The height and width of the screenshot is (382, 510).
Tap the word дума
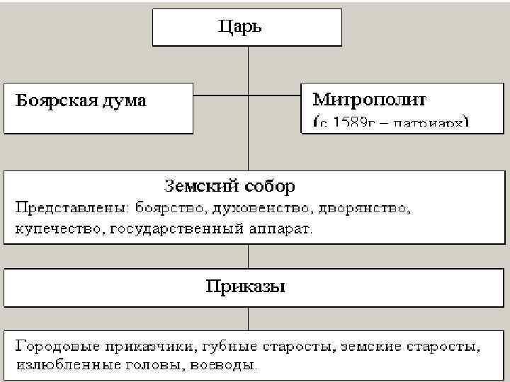pos(127,100)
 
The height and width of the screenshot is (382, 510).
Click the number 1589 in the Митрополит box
pos(351,122)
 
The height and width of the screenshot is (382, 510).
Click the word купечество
pos(56,229)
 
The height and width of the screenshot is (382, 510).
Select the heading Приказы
pos(246,287)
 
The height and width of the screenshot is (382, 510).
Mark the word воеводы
pos(229,366)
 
